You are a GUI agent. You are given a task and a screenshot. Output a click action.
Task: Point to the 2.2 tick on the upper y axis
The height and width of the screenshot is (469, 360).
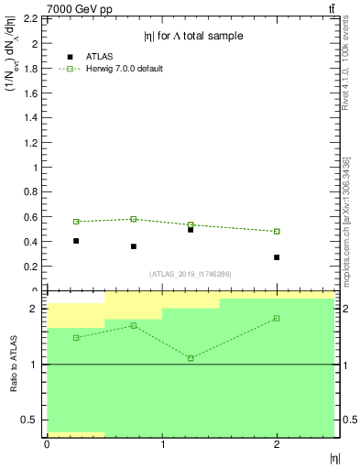click(x=30, y=18)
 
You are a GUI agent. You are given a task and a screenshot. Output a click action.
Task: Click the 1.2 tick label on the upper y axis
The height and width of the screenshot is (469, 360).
click(x=30, y=143)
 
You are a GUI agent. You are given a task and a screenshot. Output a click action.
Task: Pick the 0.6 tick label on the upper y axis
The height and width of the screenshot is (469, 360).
click(x=30, y=217)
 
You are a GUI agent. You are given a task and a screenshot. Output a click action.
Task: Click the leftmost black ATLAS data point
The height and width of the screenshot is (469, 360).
click(x=76, y=241)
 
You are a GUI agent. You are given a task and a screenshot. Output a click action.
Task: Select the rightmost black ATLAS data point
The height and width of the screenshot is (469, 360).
click(x=277, y=257)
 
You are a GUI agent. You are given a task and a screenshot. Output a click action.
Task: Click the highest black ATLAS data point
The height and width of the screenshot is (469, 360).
click(x=191, y=229)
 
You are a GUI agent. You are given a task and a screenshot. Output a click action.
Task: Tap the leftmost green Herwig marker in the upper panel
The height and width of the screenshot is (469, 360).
click(x=76, y=222)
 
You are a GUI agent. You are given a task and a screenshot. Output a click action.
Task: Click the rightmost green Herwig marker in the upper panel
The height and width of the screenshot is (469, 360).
click(x=277, y=231)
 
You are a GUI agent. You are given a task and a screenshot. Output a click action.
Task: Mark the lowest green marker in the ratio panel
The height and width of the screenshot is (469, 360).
click(x=191, y=358)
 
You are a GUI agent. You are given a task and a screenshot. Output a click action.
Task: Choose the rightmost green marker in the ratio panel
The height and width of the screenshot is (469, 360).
click(x=277, y=318)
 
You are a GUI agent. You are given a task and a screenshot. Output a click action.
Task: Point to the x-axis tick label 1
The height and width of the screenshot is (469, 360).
click(x=162, y=444)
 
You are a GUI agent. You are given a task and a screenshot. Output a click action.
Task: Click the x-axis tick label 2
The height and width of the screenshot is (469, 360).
click(x=277, y=444)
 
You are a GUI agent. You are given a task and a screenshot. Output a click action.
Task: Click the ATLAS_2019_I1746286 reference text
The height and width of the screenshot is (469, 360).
click(x=190, y=275)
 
